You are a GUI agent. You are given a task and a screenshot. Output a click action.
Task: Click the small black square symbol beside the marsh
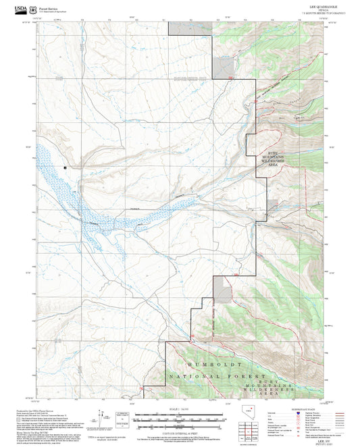[x=66, y=165]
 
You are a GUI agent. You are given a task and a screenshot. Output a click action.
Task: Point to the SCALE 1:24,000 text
[x=180, y=409]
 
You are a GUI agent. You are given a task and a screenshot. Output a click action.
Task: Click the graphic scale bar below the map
[x=180, y=419]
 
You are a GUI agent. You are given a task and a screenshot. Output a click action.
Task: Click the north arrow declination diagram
[x=101, y=419]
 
